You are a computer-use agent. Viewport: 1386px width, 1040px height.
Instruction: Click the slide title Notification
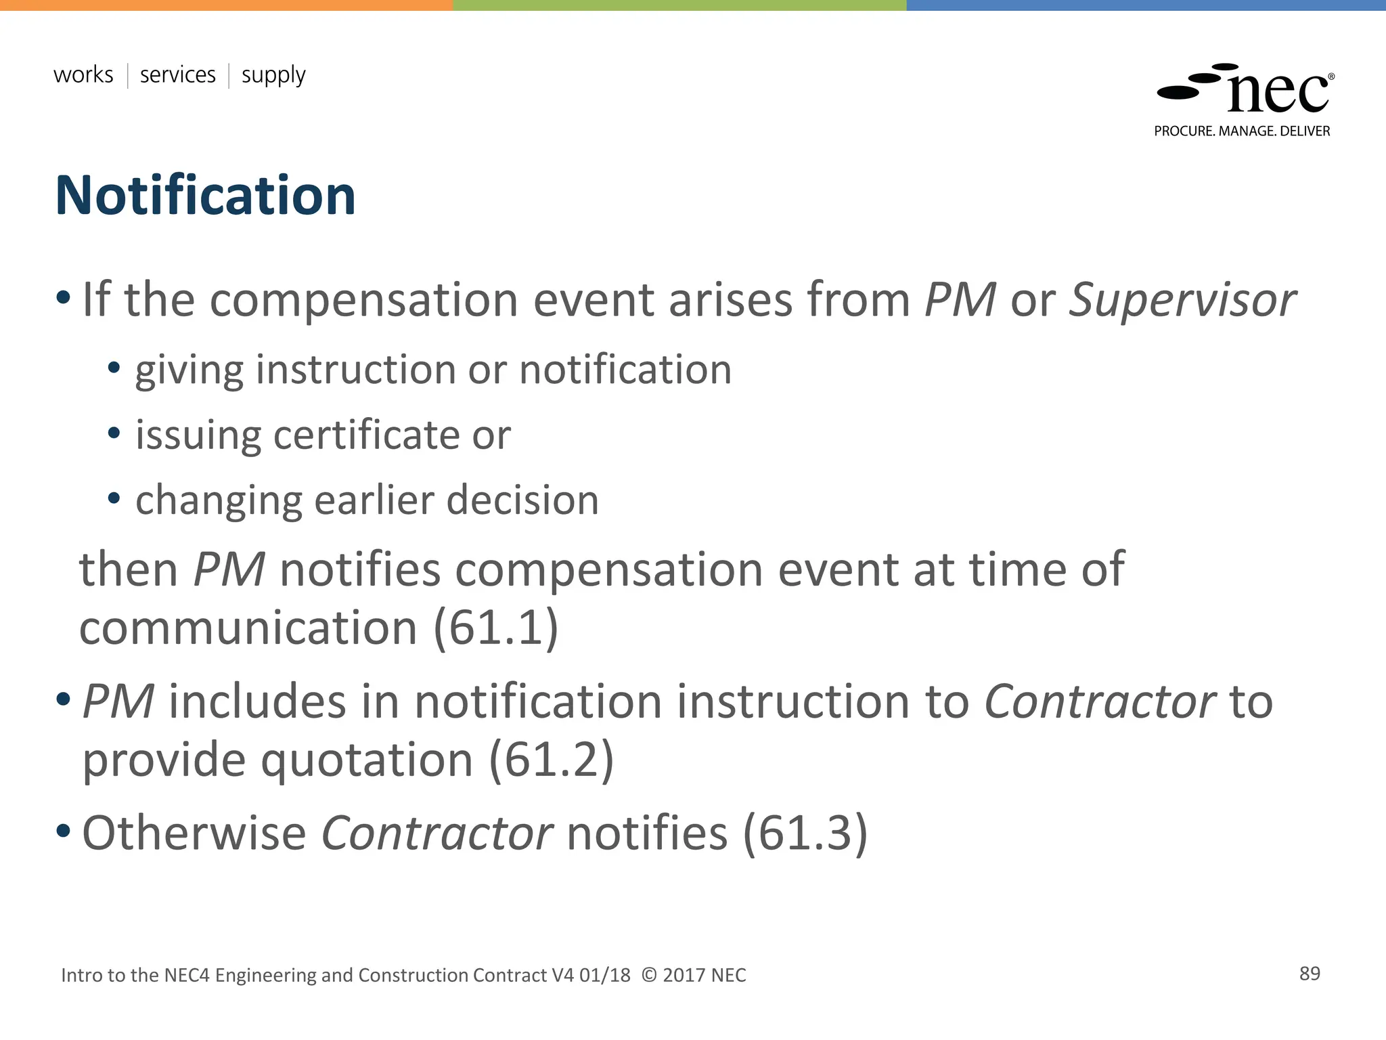205,196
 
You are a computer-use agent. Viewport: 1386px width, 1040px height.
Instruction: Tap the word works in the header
83,74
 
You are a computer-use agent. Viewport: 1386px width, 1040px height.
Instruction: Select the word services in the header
177,74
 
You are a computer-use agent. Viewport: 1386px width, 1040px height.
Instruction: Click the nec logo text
1278,93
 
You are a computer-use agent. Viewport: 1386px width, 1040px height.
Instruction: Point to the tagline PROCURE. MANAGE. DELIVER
1242,131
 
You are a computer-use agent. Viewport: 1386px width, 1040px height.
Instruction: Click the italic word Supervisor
1182,299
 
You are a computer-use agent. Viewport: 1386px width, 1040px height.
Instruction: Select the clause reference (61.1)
496,628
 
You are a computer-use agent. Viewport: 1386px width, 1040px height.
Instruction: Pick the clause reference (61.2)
552,760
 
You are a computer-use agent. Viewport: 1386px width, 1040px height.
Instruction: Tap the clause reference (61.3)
805,833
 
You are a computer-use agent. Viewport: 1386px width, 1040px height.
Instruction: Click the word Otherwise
194,833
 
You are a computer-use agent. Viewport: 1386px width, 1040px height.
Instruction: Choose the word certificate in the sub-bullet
366,435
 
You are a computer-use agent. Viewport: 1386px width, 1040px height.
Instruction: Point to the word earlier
374,500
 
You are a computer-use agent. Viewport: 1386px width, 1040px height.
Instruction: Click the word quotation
367,760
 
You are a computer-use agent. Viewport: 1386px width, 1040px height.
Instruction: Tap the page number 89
1310,974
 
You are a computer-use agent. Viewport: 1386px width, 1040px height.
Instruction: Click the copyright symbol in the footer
648,975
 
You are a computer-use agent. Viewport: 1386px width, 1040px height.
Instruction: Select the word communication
248,628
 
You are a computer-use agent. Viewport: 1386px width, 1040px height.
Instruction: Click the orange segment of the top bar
226,5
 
